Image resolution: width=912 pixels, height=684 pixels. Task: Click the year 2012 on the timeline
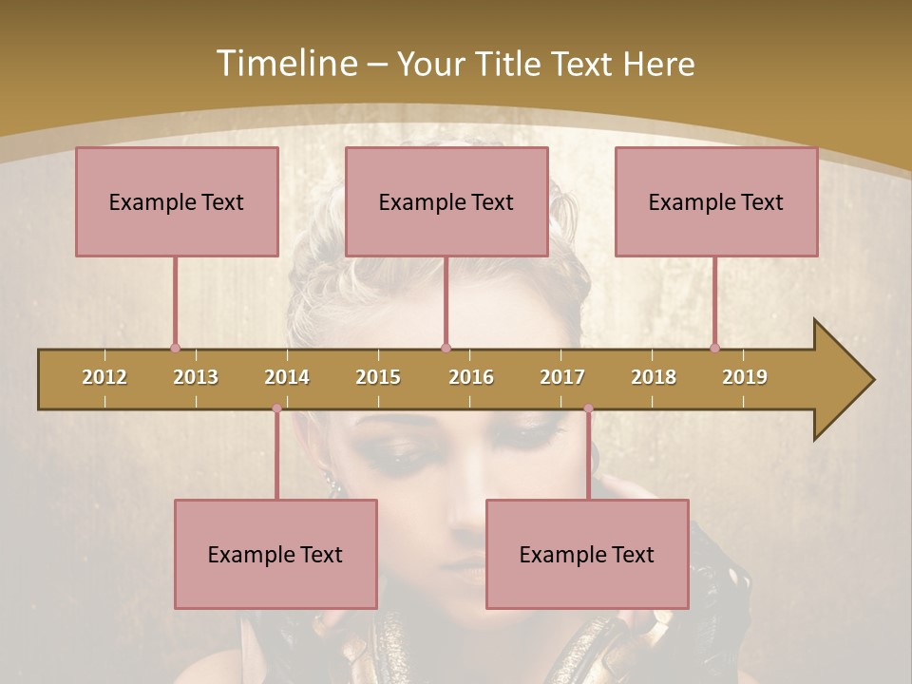[x=104, y=377]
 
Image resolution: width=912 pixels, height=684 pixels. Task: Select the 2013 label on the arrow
[x=196, y=377]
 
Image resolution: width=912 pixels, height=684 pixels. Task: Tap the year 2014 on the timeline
[x=287, y=377]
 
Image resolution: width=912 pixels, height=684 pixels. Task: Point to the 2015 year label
[x=378, y=377]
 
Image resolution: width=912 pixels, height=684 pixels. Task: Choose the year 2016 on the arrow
[x=471, y=377]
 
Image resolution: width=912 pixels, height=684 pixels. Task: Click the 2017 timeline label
[x=562, y=377]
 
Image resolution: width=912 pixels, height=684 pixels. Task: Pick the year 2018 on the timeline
[x=654, y=377]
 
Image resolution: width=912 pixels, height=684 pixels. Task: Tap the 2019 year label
[x=745, y=377]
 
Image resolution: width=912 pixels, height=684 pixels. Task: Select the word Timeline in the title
[x=284, y=64]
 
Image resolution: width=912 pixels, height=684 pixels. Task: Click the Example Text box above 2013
[x=177, y=201]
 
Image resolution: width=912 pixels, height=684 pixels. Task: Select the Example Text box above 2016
[x=446, y=201]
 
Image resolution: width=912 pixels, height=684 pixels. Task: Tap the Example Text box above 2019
[x=716, y=201]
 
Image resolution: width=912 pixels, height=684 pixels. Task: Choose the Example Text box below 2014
[x=275, y=554]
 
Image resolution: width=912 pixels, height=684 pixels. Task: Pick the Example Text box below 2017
[x=587, y=554]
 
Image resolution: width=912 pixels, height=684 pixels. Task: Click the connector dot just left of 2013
[x=175, y=348]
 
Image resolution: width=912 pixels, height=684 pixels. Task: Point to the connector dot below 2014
[x=276, y=408]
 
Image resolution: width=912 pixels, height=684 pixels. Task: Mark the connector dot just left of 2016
[x=446, y=348]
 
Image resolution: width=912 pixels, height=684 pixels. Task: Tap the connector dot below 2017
[x=588, y=408]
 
